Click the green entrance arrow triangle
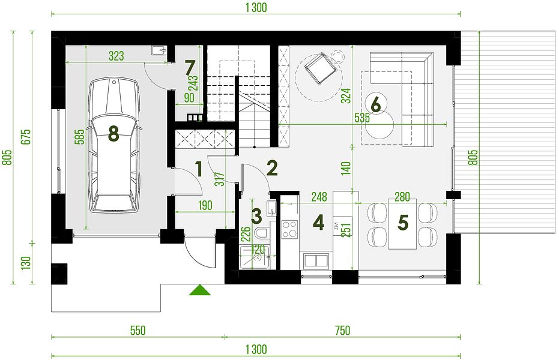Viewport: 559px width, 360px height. pos(199,290)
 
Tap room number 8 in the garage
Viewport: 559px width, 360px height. pos(113,134)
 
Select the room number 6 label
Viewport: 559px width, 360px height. pos(376,104)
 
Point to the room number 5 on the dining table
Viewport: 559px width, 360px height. pos(402,223)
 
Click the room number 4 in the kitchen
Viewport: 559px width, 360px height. pos(318,223)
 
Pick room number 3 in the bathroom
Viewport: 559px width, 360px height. pos(257,216)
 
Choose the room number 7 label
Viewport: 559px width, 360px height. pos(190,67)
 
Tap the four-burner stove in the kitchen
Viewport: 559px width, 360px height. pos(289,229)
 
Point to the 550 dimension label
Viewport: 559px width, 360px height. pos(137,331)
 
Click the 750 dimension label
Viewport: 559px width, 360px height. pos(342,331)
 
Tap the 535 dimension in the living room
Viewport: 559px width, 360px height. pos(362,118)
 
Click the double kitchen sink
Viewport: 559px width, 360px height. pos(316,260)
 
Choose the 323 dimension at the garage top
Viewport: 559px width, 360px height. pos(116,56)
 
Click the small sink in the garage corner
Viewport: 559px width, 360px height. pos(159,50)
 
